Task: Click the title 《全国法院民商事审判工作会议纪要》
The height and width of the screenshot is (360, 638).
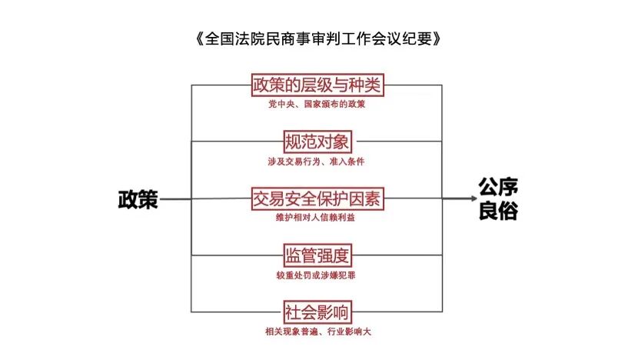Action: click(319, 37)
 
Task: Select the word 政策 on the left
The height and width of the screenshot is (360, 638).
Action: click(138, 199)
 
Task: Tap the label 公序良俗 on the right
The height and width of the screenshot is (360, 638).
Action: click(497, 199)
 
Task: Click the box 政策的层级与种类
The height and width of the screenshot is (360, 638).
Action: click(317, 85)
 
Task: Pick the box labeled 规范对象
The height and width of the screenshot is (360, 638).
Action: click(317, 142)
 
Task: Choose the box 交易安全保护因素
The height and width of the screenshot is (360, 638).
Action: click(317, 198)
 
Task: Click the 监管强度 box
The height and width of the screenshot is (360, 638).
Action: click(317, 255)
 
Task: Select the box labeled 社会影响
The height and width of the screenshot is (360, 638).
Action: click(317, 312)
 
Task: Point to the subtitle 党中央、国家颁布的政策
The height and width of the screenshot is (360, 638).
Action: click(317, 104)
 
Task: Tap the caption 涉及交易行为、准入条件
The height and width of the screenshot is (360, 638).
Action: click(317, 161)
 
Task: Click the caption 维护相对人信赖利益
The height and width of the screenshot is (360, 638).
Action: click(317, 218)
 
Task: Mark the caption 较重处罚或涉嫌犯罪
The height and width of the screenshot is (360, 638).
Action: click(317, 275)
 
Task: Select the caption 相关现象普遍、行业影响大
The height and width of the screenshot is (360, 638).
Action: click(317, 332)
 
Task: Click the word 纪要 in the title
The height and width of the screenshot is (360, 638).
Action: click(415, 37)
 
